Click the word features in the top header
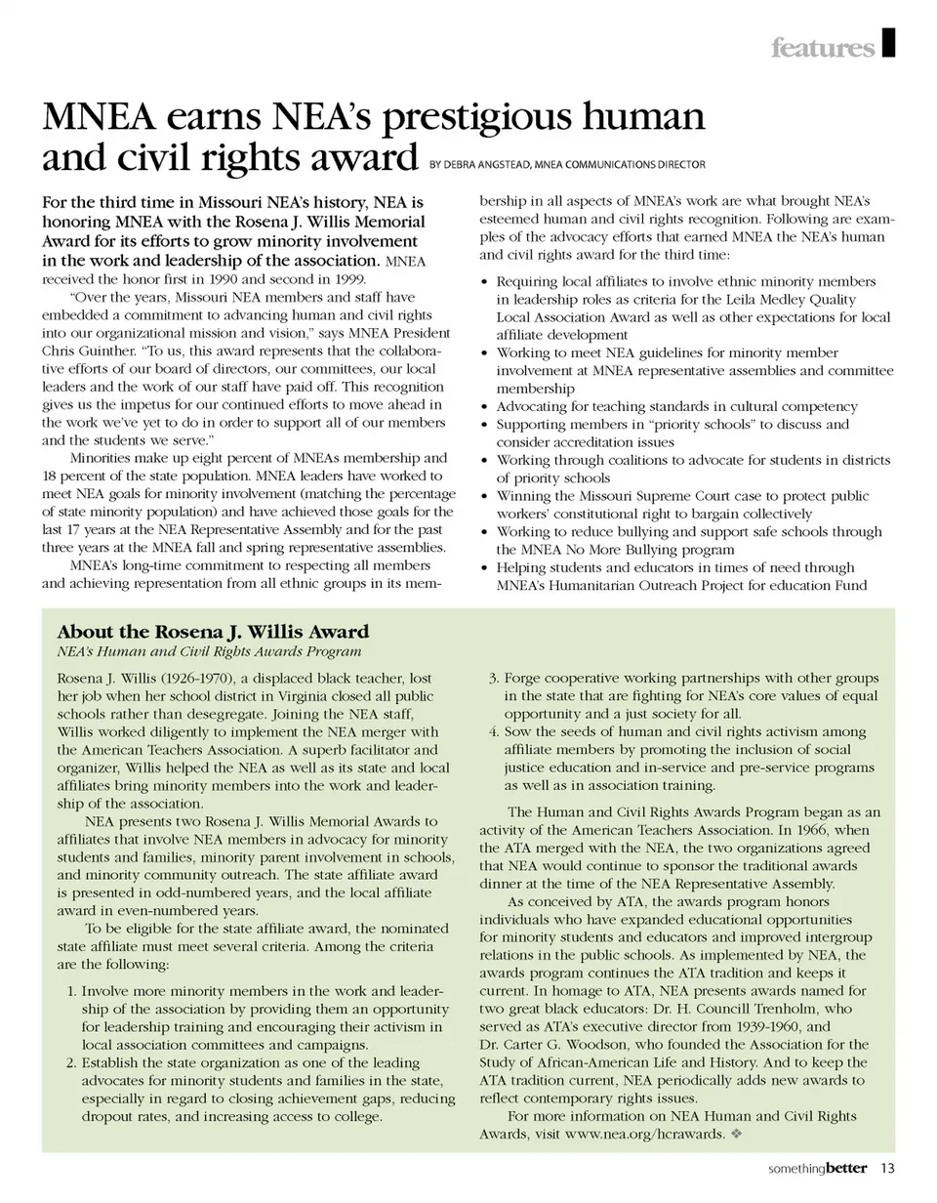(822, 47)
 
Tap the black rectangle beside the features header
(888, 43)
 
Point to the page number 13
(887, 1168)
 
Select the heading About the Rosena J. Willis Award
(213, 632)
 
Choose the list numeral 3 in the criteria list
(492, 679)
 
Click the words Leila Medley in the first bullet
(744, 300)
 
